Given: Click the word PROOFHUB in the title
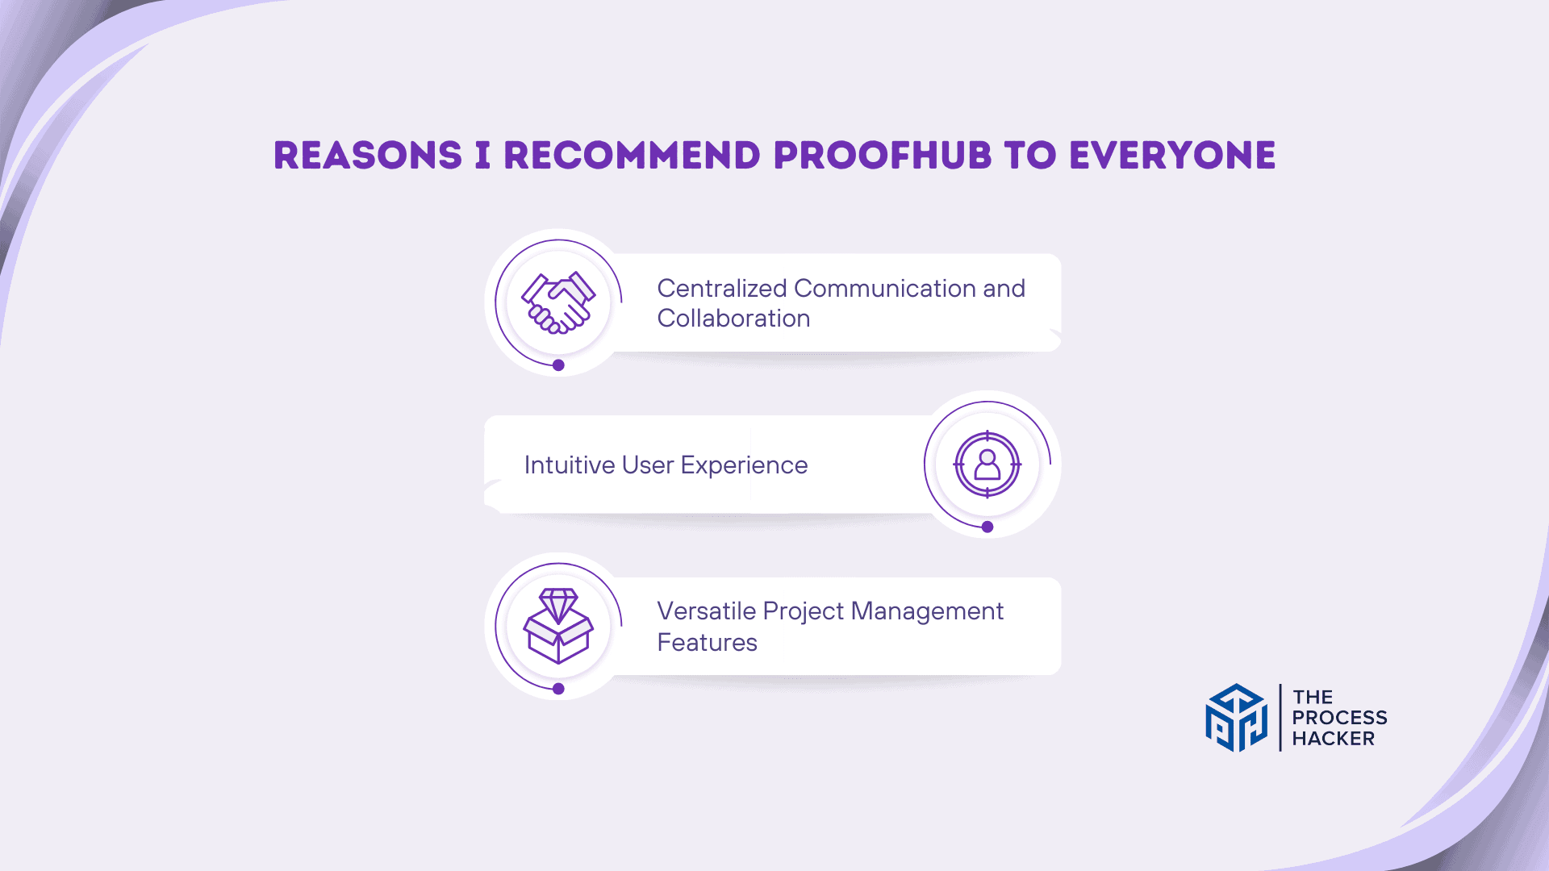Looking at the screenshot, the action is (882, 156).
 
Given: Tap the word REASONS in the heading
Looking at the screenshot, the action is (368, 156).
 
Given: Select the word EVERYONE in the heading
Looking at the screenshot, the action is (1172, 156).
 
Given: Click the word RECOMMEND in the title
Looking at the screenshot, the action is (632, 156).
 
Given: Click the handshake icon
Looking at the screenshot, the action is (558, 302).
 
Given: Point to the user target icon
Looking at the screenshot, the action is (987, 465).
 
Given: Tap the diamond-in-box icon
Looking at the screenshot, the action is (558, 626).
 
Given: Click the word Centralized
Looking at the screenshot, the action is (722, 288).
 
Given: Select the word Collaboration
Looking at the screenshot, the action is (733, 319).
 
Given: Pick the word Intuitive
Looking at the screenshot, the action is (570, 465).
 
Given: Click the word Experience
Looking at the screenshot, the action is (744, 466).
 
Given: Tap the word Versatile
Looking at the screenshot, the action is (707, 611).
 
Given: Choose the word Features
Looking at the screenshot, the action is (708, 643).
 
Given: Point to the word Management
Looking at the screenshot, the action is (927, 612).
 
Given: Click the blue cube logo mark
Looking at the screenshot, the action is (1236, 718).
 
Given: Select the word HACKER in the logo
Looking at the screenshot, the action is (1333, 739).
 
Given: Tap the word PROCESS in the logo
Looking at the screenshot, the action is (1339, 718).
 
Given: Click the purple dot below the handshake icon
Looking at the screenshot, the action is (558, 365).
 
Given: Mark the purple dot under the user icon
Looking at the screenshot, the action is (987, 527).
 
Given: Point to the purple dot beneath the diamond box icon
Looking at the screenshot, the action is (558, 689).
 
